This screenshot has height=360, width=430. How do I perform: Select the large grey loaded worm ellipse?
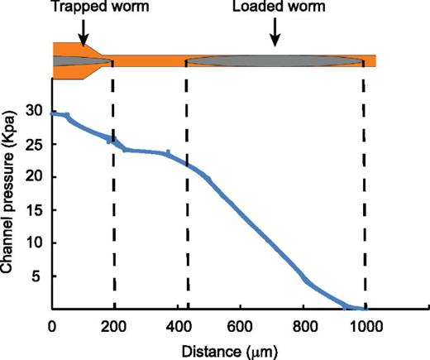tap(274, 61)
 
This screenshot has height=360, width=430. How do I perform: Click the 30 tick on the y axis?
tap(33, 110)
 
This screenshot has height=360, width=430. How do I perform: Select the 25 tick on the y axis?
tap(33, 144)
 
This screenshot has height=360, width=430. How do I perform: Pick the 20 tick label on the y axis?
tap(33, 177)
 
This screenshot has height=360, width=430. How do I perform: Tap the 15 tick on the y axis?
tap(33, 210)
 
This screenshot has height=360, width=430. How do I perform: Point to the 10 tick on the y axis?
tap(33, 243)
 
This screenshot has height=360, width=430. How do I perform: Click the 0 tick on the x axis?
tap(52, 324)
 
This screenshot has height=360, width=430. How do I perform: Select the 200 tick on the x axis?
tap(114, 324)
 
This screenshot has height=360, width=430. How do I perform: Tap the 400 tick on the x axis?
tap(177, 324)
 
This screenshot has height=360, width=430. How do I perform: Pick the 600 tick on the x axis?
tap(240, 324)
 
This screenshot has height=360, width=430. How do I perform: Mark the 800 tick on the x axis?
tap(303, 324)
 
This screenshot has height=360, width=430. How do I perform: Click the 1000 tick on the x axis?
tap(364, 324)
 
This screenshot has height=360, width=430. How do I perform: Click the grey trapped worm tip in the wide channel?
tap(79, 61)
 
